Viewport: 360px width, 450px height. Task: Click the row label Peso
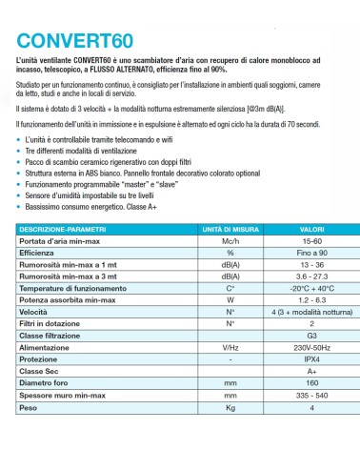pos(30,406)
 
